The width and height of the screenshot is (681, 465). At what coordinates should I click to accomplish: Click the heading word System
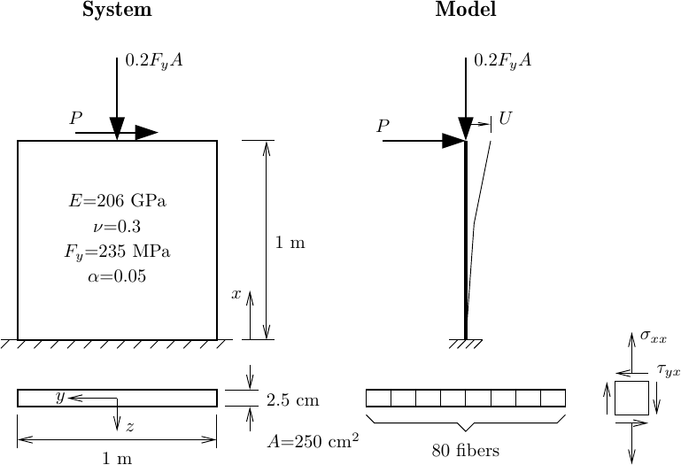[x=116, y=11]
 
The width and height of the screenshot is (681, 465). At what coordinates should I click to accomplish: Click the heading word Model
[x=466, y=11]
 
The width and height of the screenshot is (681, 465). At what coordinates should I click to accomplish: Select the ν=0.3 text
[x=118, y=226]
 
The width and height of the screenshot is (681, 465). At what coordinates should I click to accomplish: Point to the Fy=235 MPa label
[x=117, y=252]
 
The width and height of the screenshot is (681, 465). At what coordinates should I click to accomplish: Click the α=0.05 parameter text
[x=117, y=276]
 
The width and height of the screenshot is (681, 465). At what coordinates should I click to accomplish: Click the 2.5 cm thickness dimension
[x=292, y=400]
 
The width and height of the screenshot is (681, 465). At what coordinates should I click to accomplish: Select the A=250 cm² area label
[x=313, y=439]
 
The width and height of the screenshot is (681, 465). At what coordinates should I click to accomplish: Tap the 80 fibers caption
[x=466, y=451]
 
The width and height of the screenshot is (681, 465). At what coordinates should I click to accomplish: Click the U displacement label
[x=506, y=118]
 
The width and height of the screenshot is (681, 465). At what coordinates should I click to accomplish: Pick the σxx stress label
[x=654, y=337]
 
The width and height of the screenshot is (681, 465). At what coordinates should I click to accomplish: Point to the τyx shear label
[x=667, y=371]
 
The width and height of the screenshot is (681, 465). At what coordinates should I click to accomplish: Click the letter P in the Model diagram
[x=383, y=127]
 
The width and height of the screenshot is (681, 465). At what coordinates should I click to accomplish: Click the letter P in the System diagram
[x=76, y=118]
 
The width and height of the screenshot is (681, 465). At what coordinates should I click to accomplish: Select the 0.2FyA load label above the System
[x=155, y=61]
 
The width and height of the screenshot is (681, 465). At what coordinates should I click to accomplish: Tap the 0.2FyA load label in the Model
[x=503, y=61]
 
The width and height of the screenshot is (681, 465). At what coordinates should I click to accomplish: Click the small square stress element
[x=631, y=398]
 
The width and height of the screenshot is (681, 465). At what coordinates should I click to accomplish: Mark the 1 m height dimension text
[x=290, y=243]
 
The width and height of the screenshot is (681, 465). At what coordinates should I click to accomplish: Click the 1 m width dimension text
[x=116, y=458]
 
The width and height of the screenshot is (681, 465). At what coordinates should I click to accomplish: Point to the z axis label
[x=129, y=427]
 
